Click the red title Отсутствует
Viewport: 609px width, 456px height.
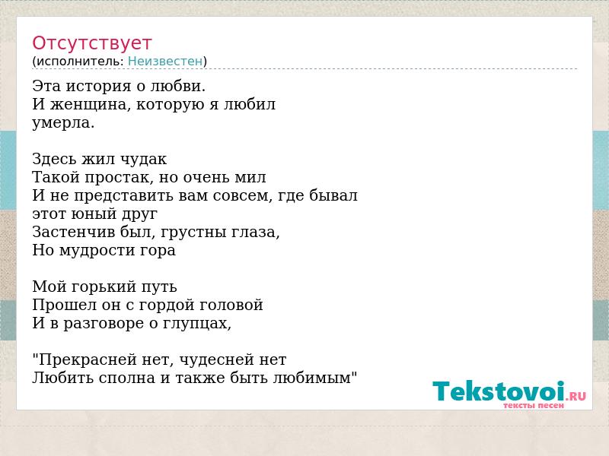tap(91, 43)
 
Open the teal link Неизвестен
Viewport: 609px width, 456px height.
tap(165, 61)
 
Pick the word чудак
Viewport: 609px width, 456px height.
tap(143, 159)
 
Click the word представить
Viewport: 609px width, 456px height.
tap(124, 196)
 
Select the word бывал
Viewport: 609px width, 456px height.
tap(333, 195)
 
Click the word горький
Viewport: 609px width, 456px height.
tap(103, 287)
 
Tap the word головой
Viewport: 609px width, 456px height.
tap(231, 305)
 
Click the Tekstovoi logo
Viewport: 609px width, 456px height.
tap(509, 394)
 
